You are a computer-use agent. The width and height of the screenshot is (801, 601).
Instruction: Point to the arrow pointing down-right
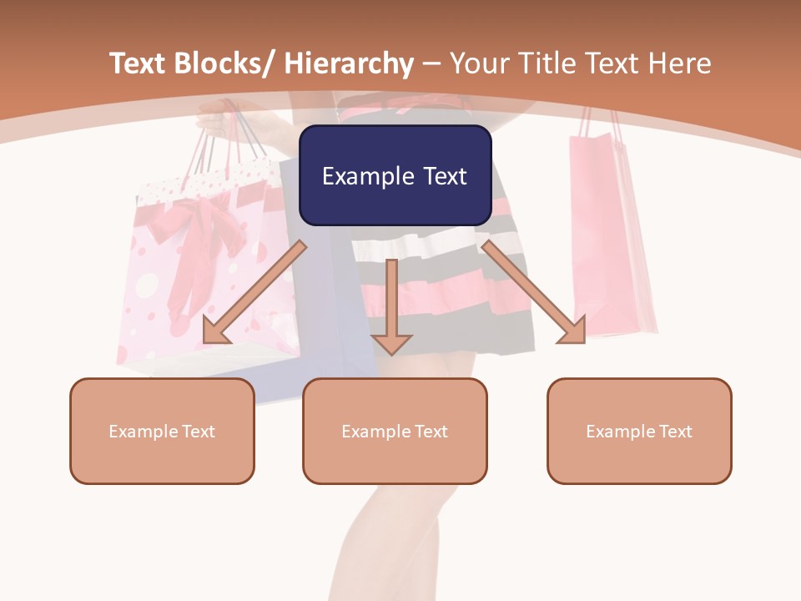point(534,292)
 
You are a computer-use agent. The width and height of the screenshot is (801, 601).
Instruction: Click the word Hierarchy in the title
point(349,63)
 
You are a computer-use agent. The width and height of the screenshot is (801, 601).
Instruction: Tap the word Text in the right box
point(675,432)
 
